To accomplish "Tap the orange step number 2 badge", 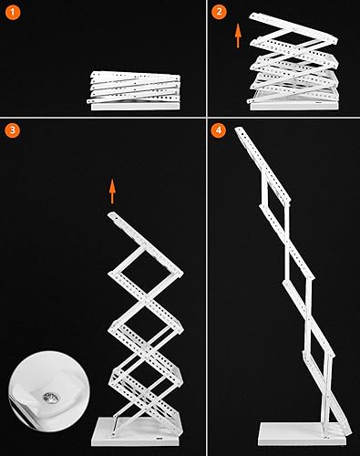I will (x=220, y=12).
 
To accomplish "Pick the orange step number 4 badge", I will (x=218, y=130).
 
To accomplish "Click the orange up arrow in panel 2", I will (x=238, y=36).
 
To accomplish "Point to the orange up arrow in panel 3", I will (x=112, y=191).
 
